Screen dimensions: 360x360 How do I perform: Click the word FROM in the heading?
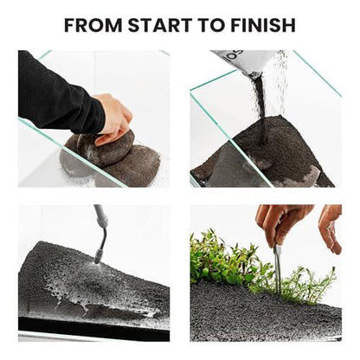(93, 25)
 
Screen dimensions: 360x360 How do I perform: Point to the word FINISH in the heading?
(263, 25)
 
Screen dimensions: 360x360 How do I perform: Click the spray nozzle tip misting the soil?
(98, 257)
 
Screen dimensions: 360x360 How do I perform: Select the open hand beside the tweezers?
(331, 228)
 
